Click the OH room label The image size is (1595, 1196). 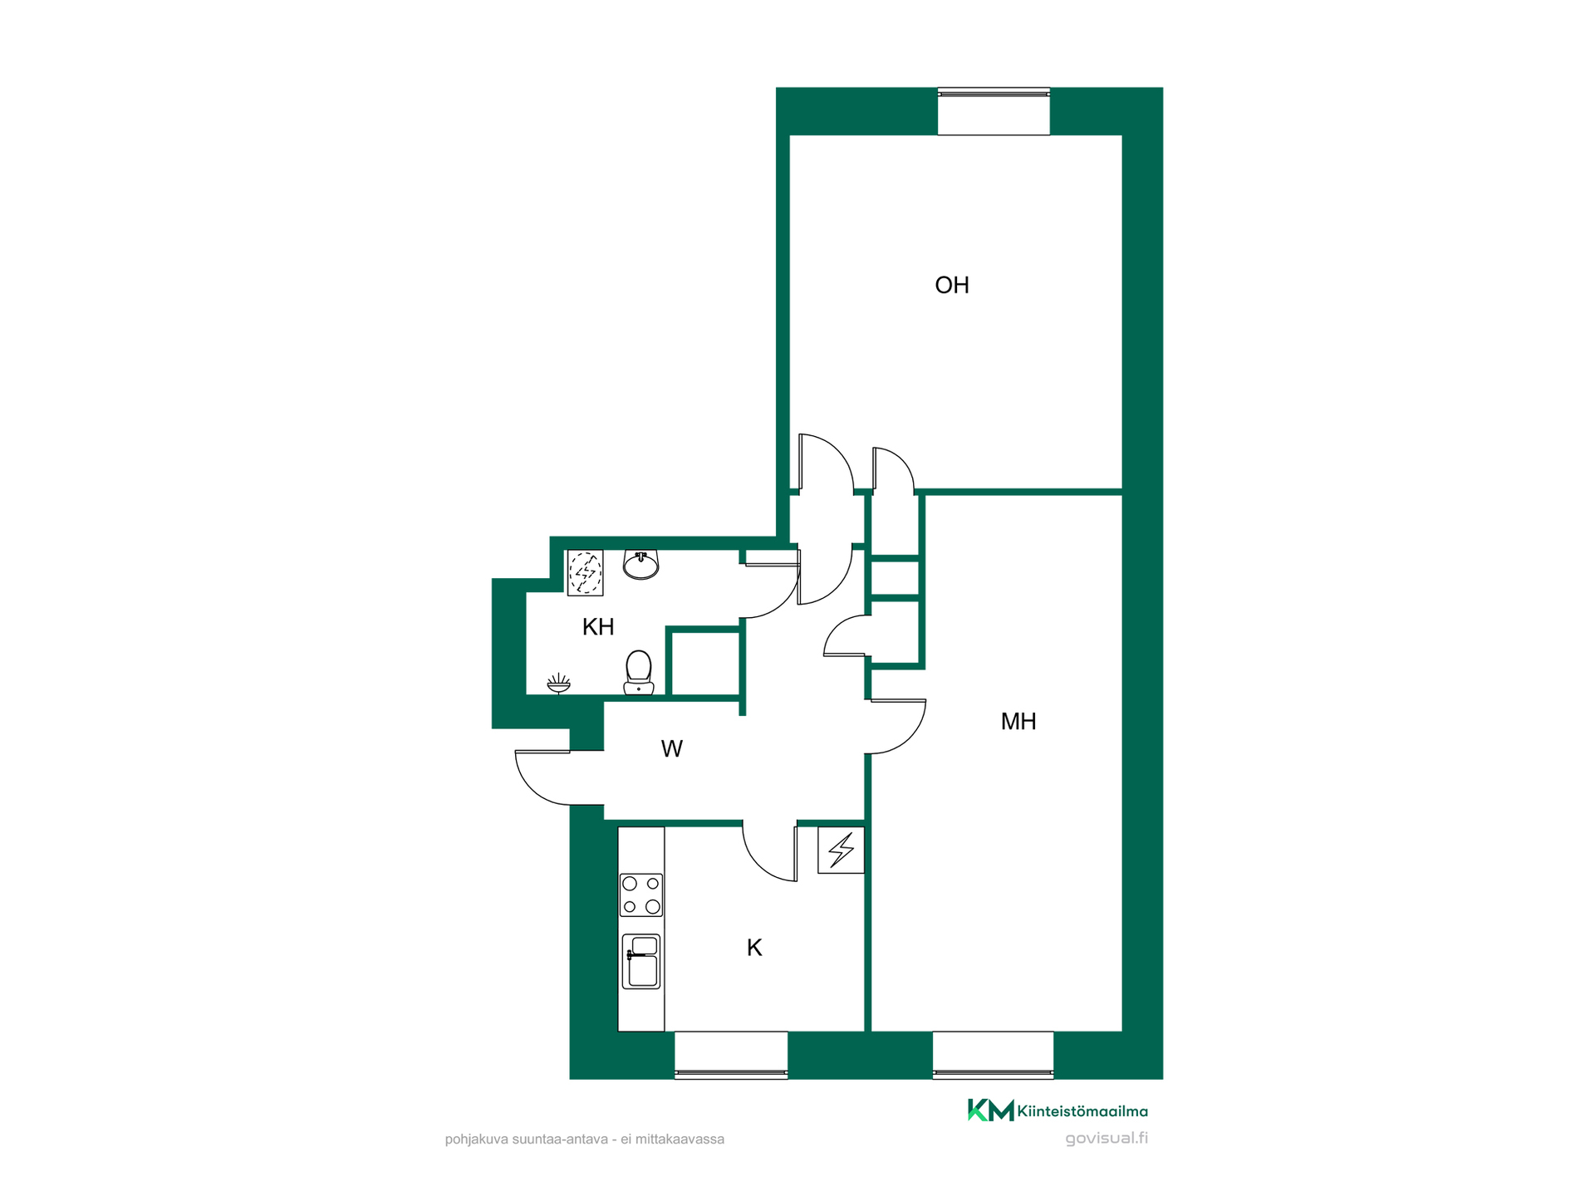click(952, 285)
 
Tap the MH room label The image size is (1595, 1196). click(1018, 721)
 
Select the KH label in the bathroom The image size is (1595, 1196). click(598, 627)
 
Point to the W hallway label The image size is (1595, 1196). click(672, 749)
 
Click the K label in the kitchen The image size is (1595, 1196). click(754, 948)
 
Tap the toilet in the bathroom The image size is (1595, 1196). click(638, 672)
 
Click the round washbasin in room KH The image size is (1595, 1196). click(640, 565)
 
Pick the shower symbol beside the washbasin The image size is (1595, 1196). click(586, 573)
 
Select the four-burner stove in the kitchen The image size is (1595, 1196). click(641, 895)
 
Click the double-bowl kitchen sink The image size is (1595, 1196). click(641, 962)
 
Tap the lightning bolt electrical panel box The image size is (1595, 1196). click(841, 850)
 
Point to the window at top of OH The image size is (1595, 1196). click(994, 111)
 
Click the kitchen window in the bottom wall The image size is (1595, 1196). click(731, 1055)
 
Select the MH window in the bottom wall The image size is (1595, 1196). click(993, 1055)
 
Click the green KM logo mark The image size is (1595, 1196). click(990, 1110)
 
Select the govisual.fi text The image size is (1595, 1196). click(1107, 1139)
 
